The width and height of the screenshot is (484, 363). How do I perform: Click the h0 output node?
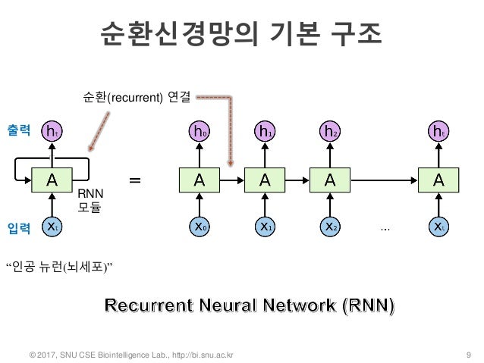199,132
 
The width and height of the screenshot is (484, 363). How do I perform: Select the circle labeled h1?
264,132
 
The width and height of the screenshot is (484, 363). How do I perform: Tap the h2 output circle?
329,132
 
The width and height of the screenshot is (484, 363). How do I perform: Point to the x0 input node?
199,225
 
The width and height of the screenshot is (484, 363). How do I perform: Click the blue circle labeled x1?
264,225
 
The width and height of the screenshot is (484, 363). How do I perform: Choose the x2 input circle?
329,225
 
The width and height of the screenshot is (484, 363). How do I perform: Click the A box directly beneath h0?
199,180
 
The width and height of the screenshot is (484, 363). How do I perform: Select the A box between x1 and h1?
264,180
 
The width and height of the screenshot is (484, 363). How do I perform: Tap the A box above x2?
329,180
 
